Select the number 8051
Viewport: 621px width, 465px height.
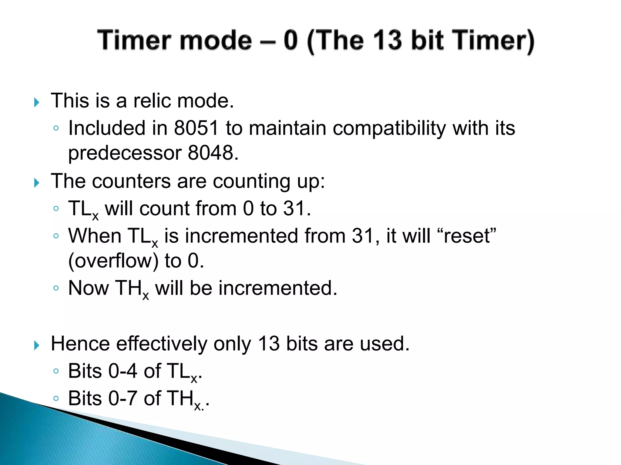[x=196, y=128]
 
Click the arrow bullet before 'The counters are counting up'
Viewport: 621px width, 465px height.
[x=37, y=183]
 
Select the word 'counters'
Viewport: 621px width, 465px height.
[x=131, y=181]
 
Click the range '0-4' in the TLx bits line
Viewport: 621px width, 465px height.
[x=123, y=371]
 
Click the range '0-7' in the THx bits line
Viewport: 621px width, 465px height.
[x=123, y=398]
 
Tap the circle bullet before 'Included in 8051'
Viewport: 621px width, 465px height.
[x=56, y=128]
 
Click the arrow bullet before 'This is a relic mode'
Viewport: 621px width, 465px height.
[x=37, y=102]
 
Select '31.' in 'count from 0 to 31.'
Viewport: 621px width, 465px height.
[x=297, y=209]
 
